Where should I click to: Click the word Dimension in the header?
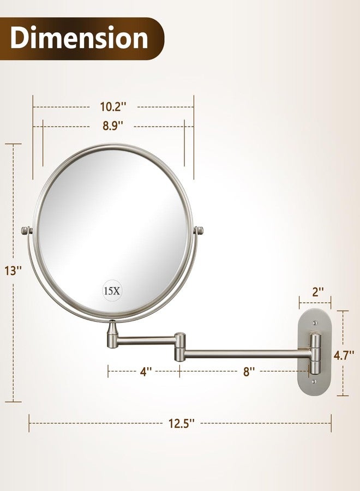pyautogui.click(x=79, y=38)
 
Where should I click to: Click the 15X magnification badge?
pyautogui.click(x=112, y=291)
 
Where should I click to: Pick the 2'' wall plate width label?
pyautogui.click(x=315, y=291)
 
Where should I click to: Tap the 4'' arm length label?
pyautogui.click(x=145, y=372)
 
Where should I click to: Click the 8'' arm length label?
pyautogui.click(x=249, y=372)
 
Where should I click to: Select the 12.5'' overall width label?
pyautogui.click(x=181, y=422)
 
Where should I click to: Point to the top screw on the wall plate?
pyautogui.click(x=315, y=323)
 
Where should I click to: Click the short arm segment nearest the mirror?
pyautogui.click(x=145, y=341)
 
